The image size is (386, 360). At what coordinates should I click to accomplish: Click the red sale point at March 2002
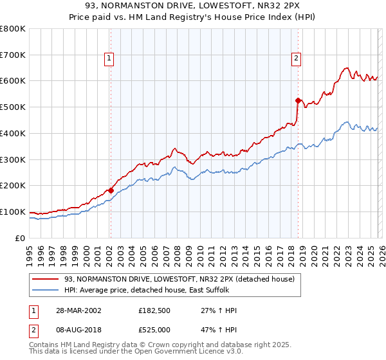(x=111, y=190)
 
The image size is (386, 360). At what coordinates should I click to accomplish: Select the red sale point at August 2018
(x=297, y=100)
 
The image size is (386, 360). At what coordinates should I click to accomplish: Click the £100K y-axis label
(x=13, y=212)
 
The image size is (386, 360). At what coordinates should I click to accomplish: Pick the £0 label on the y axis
(x=21, y=238)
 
